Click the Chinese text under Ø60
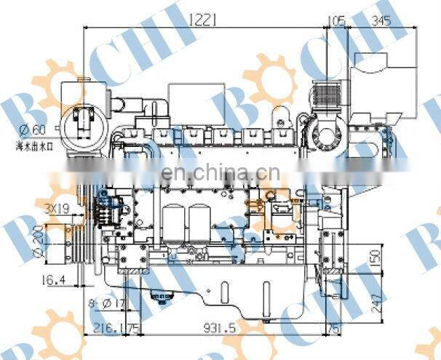click(x=34, y=146)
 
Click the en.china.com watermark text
click(x=215, y=175)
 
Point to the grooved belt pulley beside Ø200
click(x=77, y=240)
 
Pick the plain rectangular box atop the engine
click(x=191, y=99)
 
